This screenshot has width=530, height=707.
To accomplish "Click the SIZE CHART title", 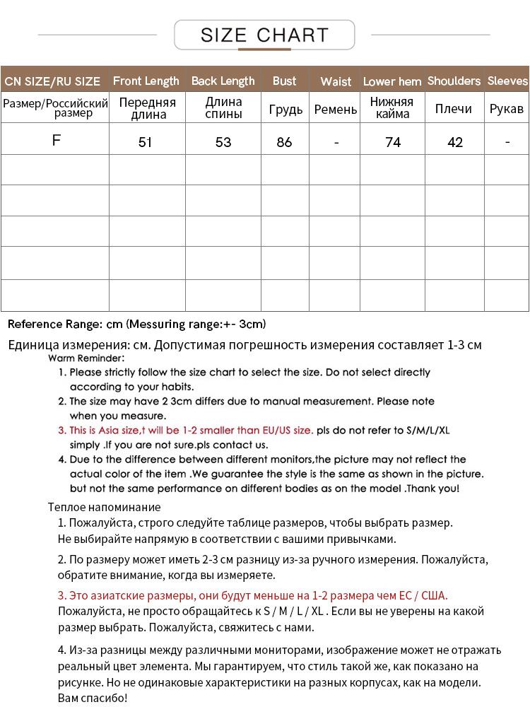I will point(264,35).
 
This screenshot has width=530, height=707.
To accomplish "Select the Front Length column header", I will point(146,81).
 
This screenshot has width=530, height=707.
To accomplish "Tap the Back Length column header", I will point(223,81).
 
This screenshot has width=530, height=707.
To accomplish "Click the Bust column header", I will point(285,81).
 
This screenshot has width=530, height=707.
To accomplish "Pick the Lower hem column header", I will point(392,82).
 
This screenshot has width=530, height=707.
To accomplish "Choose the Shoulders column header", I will point(454,81).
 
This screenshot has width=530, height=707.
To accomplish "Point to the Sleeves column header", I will point(507,81).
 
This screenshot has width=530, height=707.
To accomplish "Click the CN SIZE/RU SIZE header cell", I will point(53,82).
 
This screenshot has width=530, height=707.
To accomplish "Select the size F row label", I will point(57,140).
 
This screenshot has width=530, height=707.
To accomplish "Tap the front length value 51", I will point(146,142).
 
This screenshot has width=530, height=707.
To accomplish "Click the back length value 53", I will point(223,142).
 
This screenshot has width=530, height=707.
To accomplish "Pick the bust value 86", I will point(285,142).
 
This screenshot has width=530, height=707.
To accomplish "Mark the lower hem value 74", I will point(393,142).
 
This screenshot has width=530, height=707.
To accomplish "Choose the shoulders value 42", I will point(455,142).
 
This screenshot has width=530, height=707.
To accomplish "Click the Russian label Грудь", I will point(285,110).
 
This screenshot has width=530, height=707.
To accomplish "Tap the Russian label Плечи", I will point(454,110).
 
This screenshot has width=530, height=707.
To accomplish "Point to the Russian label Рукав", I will point(507,110).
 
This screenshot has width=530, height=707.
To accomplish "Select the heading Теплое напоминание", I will point(105,507).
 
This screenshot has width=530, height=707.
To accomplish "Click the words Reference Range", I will point(54,325).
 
